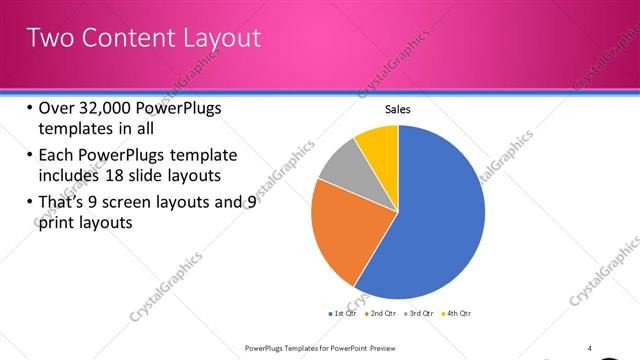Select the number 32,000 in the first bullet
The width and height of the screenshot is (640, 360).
click(99, 109)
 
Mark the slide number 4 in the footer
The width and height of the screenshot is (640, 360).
click(590, 347)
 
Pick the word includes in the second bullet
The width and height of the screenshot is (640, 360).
click(71, 176)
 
